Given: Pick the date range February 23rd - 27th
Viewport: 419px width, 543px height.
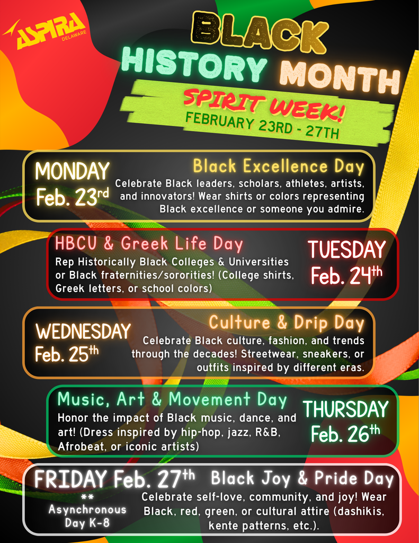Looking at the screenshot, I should coord(262,126).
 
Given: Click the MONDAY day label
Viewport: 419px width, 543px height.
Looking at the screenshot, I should coord(72,171).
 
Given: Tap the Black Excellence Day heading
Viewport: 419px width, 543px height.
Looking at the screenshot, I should coord(279,167).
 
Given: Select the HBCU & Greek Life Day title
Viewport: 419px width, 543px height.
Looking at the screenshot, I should coord(149,244).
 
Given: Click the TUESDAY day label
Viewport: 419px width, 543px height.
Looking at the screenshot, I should coord(347,249).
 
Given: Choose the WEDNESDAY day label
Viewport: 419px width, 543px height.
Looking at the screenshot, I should coord(83,331).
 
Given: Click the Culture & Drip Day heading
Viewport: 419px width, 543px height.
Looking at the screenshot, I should coord(287,322).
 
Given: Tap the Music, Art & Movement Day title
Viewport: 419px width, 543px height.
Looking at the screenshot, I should coord(172,399).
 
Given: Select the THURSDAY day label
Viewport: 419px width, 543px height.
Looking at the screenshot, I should coord(345,409).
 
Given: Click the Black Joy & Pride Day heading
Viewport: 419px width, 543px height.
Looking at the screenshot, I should coord(302,478).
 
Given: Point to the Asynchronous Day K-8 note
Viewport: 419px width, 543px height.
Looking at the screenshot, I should coord(87,510).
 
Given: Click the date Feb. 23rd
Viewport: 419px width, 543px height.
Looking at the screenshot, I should coord(73,197).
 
